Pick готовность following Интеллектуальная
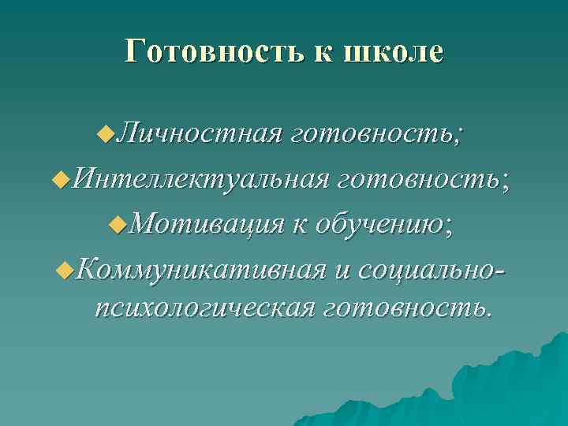pos(423,182)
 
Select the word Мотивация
pos(207,225)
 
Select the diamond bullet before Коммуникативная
pos(65,271)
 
